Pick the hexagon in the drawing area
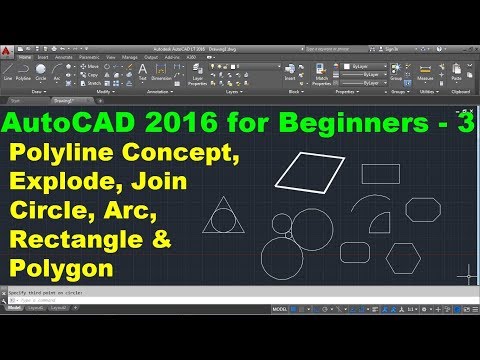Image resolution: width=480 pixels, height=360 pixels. click(405, 255)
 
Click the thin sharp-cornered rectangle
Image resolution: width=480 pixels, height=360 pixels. click(381, 173)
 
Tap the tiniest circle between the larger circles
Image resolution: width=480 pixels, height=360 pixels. click(288, 236)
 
